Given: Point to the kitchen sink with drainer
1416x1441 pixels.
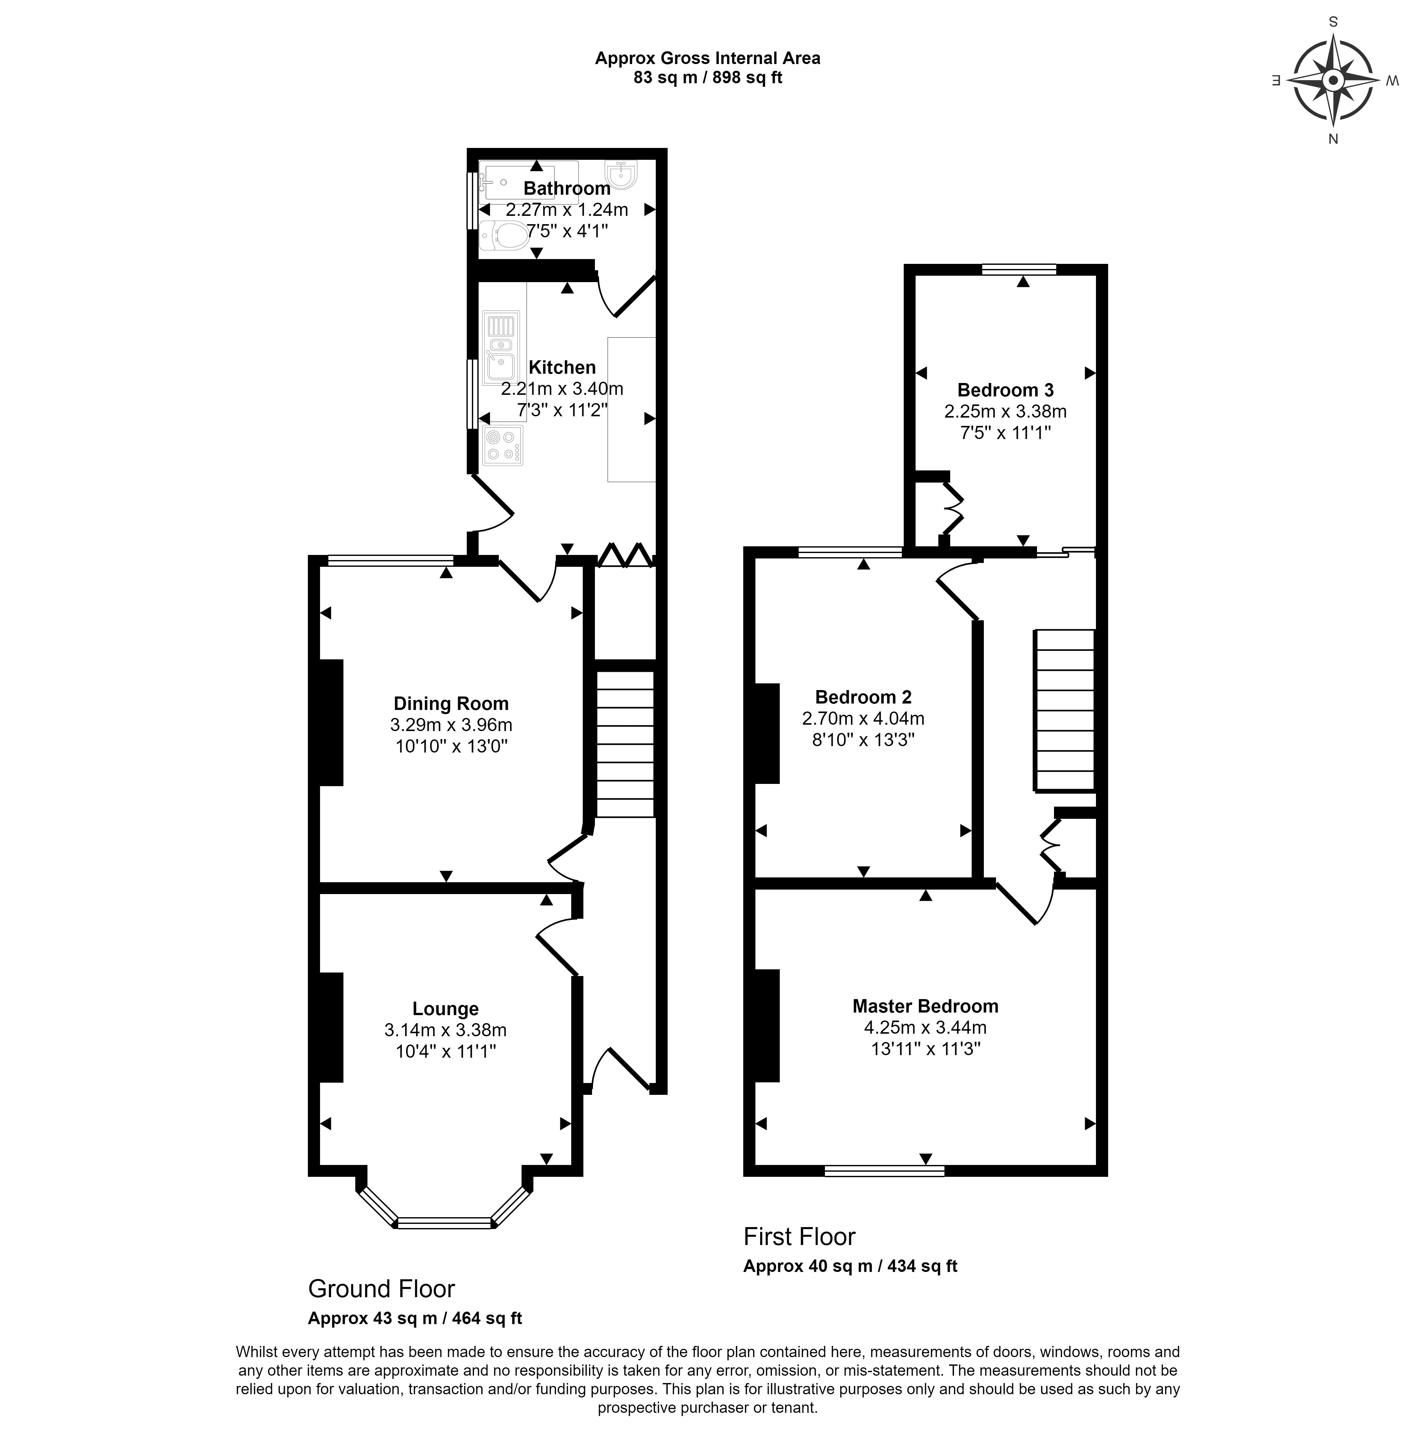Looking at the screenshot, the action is pyautogui.click(x=501, y=348).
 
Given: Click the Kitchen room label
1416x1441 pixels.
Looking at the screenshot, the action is pyautogui.click(x=562, y=367).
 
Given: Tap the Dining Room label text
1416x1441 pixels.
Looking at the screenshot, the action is pyautogui.click(x=451, y=704).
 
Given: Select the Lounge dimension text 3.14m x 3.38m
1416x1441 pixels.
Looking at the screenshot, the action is pyautogui.click(x=446, y=1030).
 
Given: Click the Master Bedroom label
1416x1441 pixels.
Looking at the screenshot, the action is pyautogui.click(x=925, y=1006).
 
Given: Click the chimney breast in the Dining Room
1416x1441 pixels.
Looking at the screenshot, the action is pyautogui.click(x=331, y=723).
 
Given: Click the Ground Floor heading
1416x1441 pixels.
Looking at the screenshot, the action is pyautogui.click(x=382, y=1289).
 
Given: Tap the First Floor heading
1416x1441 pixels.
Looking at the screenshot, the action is pyautogui.click(x=800, y=1236).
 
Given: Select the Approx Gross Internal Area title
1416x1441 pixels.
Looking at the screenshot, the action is pyautogui.click(x=707, y=58).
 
